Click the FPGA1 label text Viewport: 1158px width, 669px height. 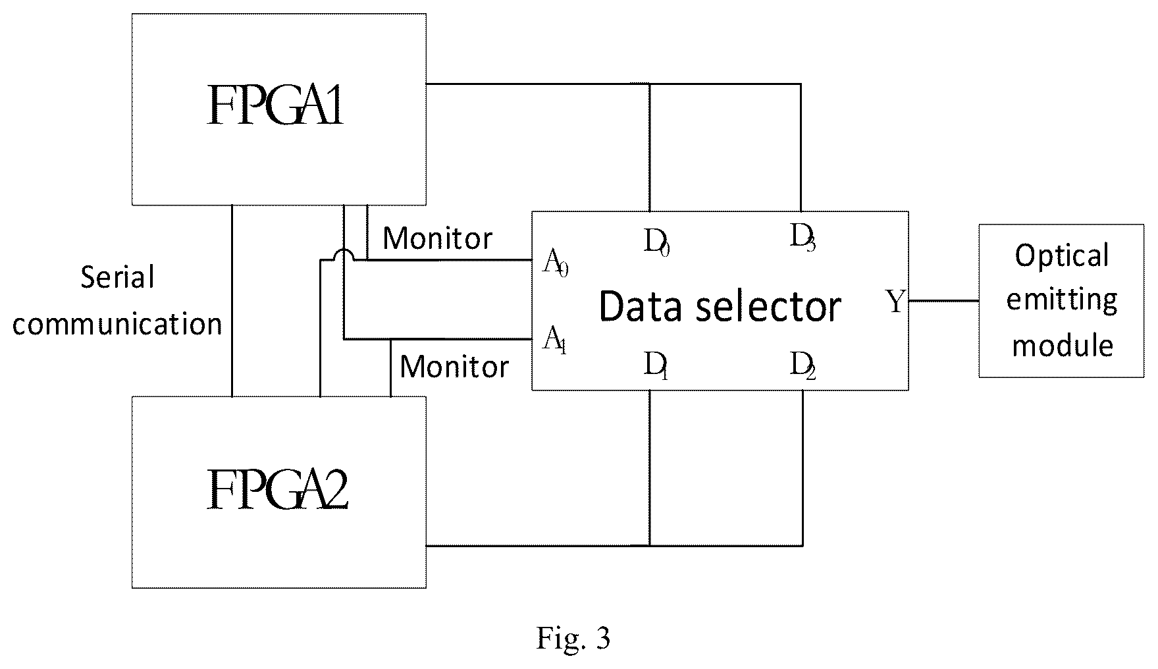(276, 105)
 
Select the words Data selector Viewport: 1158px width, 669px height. (720, 306)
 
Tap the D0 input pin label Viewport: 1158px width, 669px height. (656, 243)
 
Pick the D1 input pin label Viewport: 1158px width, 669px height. (656, 366)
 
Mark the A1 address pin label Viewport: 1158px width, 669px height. (554, 341)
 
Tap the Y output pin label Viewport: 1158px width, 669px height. (895, 302)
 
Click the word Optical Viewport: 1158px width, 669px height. (1062, 256)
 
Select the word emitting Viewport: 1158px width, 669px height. (1062, 300)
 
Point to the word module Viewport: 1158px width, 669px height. (1062, 346)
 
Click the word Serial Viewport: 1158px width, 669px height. (117, 277)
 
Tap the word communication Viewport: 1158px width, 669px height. (117, 324)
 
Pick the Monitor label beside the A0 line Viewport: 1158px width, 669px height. (438, 238)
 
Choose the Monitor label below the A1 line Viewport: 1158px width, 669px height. (454, 367)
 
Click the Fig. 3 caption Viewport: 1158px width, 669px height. (573, 637)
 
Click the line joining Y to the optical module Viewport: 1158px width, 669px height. (943, 301)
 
